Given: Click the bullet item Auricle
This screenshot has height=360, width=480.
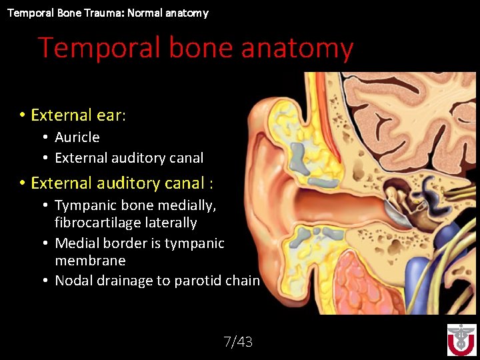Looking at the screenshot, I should pos(77,137).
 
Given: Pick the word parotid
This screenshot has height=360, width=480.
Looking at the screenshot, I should pos(198,281).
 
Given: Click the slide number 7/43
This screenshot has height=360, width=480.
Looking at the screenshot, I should pos(238,342).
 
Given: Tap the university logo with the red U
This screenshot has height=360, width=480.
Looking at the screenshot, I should pos(461,339).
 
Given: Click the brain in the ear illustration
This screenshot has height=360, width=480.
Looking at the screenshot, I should pos(413,120).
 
